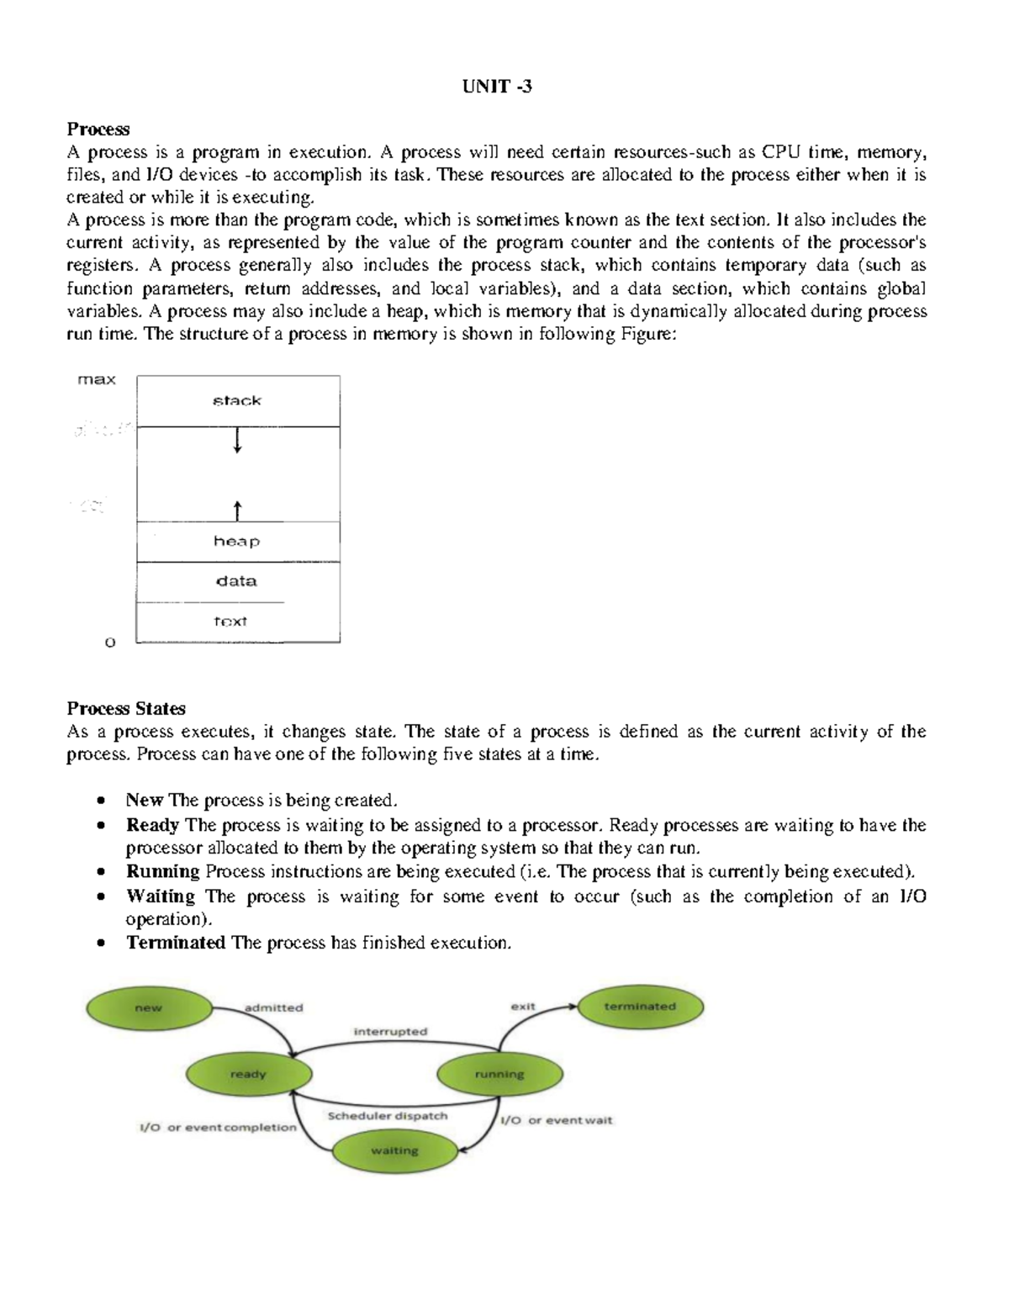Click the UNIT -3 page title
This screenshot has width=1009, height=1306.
coord(497,87)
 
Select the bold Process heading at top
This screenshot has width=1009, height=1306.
coord(98,130)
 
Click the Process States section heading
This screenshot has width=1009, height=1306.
coord(126,709)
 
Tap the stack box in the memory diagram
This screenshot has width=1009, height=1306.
coord(238,401)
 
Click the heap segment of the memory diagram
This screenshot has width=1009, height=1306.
coord(237,542)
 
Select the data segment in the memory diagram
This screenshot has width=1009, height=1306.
coord(237,581)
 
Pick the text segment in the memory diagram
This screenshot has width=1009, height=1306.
coord(230,622)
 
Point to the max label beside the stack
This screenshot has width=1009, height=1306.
coord(97,380)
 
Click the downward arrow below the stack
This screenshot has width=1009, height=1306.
coord(238,441)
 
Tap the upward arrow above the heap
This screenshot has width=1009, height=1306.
coord(238,510)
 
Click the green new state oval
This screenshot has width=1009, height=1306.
coord(149,1008)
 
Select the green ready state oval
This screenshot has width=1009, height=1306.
coord(248,1075)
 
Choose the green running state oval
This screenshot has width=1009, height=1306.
coord(499,1075)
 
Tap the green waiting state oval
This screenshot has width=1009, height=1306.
coord(394,1151)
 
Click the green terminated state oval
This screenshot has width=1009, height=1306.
coord(640,1007)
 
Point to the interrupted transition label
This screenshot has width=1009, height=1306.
coord(390,1032)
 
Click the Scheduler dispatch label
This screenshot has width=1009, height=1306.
coord(388,1116)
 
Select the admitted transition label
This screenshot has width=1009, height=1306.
coord(273,1007)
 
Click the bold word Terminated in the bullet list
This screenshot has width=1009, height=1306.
coord(176,943)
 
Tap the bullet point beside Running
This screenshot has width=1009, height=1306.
coord(102,872)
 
